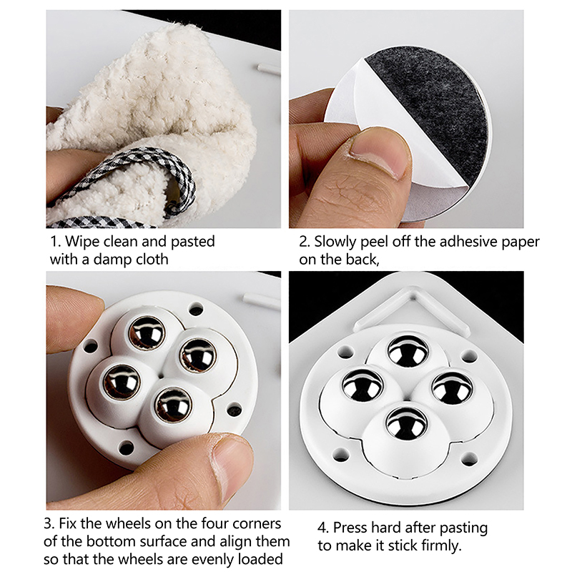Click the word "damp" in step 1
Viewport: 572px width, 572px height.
112,260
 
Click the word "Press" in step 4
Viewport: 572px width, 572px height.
350,528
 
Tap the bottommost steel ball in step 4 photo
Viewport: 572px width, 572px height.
406,424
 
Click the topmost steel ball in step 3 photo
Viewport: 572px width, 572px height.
147,333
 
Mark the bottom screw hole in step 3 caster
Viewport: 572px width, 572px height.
127,448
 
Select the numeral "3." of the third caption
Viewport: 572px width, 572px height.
49,524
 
